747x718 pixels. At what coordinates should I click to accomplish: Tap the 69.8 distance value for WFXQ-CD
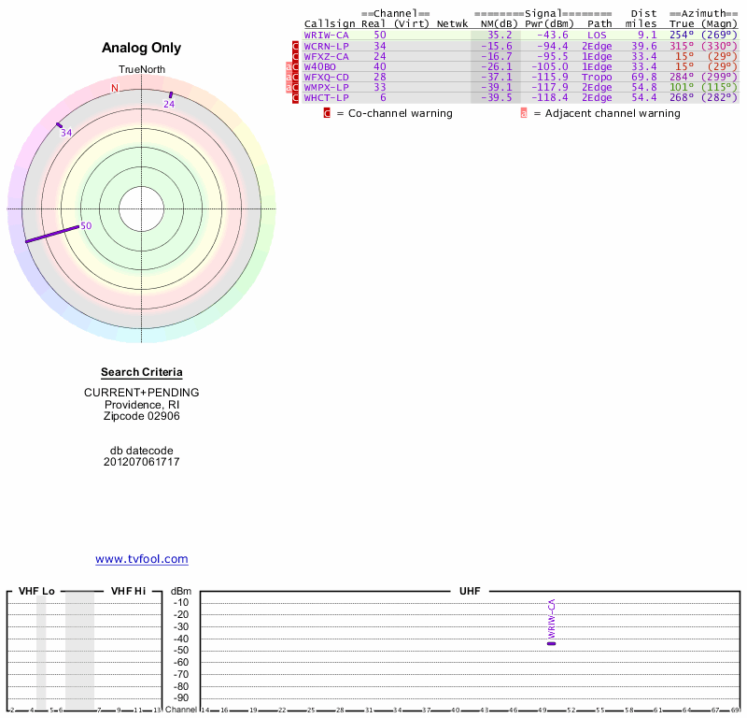pos(643,77)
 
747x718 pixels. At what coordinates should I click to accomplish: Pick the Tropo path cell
pos(597,77)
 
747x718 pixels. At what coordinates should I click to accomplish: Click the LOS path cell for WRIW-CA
pos(597,35)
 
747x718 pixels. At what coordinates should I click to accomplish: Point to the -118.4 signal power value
pos(546,98)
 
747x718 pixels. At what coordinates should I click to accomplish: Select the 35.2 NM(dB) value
pos(500,35)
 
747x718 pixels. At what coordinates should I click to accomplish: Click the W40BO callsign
pos(319,66)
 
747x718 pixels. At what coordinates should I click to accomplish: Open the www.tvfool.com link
pos(142,559)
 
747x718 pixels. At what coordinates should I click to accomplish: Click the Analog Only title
pos(142,48)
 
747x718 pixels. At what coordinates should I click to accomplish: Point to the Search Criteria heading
pos(142,372)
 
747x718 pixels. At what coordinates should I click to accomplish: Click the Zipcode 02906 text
pos(142,416)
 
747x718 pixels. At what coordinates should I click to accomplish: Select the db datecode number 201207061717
pos(142,462)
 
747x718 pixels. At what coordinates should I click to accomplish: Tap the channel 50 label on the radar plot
pos(86,225)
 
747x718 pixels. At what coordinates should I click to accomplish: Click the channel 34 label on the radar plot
pos(66,133)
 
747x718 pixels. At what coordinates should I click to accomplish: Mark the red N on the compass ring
pos(115,88)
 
